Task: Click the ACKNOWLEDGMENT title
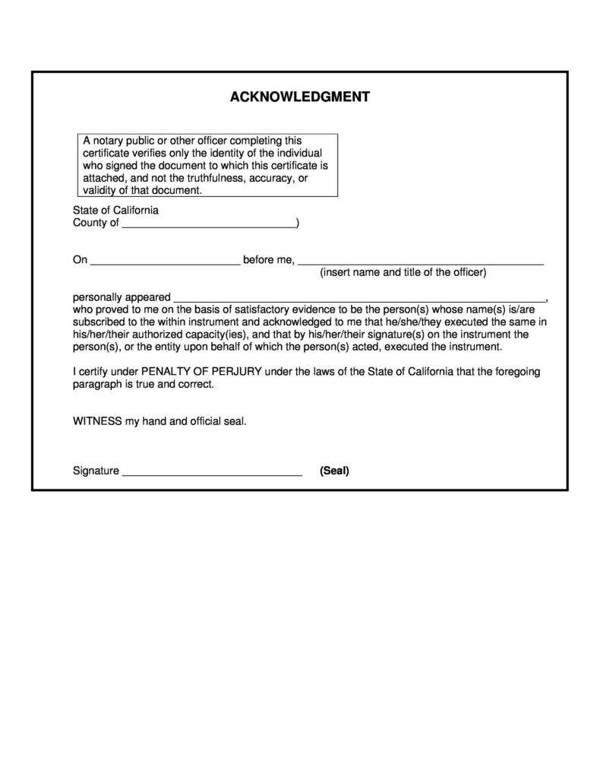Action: (299, 97)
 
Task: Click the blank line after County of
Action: (209, 224)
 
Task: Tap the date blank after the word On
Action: (165, 261)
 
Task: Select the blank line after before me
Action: (421, 261)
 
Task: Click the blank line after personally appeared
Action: (359, 297)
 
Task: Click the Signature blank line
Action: (212, 471)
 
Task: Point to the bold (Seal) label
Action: (334, 471)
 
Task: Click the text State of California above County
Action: (115, 210)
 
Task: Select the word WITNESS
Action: (97, 420)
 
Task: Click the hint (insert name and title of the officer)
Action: (403, 272)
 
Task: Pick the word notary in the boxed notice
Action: (109, 141)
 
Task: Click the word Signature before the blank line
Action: (96, 471)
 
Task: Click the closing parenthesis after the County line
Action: (298, 224)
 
